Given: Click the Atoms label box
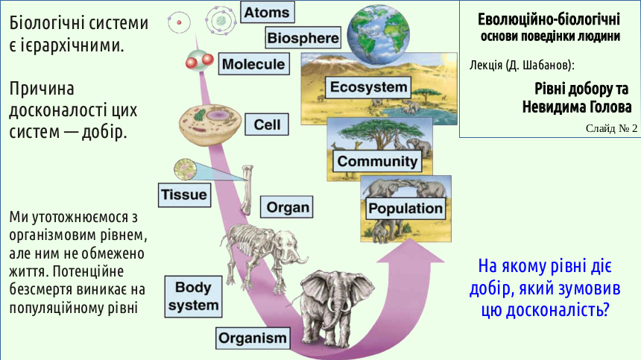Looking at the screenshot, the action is point(268,12).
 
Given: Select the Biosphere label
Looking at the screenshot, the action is point(303,38).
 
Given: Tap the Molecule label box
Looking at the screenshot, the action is point(254,64).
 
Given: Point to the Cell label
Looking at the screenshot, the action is point(267,124).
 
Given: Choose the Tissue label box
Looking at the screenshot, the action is point(184,195).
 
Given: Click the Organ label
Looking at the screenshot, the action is point(287,207).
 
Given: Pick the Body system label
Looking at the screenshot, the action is point(193,296).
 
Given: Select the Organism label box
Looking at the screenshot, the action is point(253,338).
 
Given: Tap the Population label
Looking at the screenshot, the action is point(405,209).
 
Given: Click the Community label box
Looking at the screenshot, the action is point(377,162).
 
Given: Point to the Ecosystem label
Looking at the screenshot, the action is point(368,87).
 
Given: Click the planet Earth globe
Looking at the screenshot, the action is point(378,34).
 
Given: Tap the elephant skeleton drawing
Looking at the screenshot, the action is point(264,253).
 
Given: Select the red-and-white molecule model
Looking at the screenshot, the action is point(199,60).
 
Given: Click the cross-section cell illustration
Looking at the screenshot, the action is point(210,124).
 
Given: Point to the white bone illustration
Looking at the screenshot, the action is point(247,189).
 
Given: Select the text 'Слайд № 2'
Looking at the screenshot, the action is point(611,128).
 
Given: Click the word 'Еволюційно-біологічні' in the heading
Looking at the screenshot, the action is point(549,19).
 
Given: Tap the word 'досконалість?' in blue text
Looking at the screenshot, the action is point(546,309).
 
